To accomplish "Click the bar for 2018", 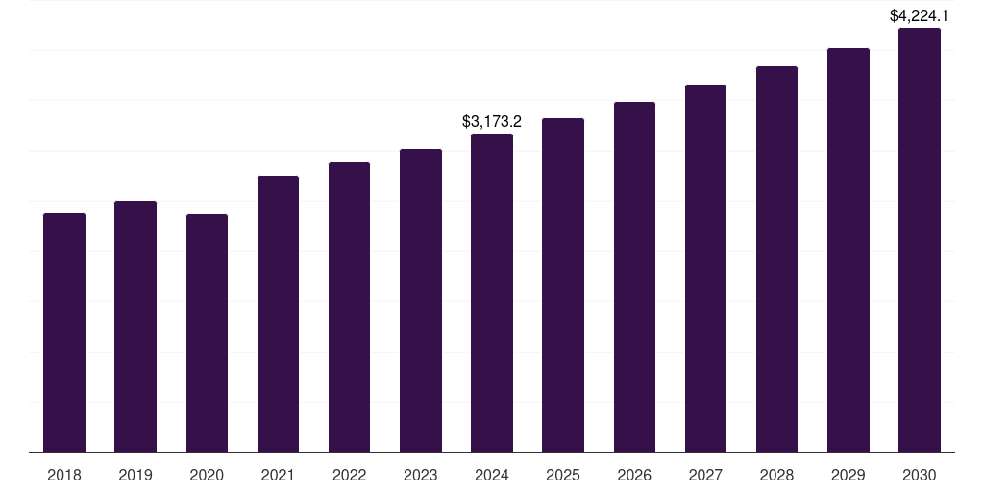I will pyautogui.click(x=64, y=332).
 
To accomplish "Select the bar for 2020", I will pyautogui.click(x=207, y=332).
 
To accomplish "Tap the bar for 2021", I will pyautogui.click(x=278, y=313).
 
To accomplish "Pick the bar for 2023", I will pyautogui.click(x=421, y=300).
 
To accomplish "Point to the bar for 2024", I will pyautogui.click(x=492, y=292).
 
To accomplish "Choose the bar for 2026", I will pyautogui.click(x=634, y=277).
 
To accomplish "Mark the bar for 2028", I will pyautogui.click(x=776, y=258).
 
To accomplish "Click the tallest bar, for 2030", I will pyautogui.click(x=920, y=239).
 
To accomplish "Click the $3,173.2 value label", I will pyautogui.click(x=492, y=122).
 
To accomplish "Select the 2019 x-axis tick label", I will pyautogui.click(x=135, y=475).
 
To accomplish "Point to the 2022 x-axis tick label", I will pyautogui.click(x=349, y=475).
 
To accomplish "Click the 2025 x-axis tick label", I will pyautogui.click(x=563, y=475).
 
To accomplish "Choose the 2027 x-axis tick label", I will pyautogui.click(x=705, y=475).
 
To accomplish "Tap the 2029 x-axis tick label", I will pyautogui.click(x=848, y=475).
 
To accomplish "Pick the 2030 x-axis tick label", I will pyautogui.click(x=920, y=475).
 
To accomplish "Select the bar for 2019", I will pyautogui.click(x=135, y=326).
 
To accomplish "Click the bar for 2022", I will pyautogui.click(x=349, y=307).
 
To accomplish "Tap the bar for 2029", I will pyautogui.click(x=848, y=250).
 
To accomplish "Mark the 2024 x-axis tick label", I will pyautogui.click(x=492, y=475).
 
